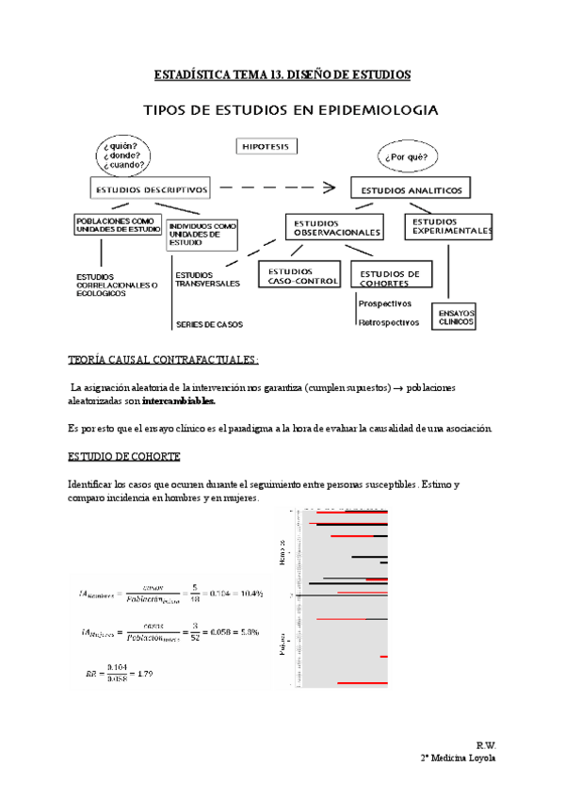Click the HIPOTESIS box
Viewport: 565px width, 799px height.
267,148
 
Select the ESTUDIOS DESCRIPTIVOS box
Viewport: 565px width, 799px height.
151,188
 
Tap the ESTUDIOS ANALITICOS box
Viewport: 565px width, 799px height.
410,189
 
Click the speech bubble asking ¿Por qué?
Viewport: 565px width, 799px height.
409,156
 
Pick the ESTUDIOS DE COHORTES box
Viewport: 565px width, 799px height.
391,275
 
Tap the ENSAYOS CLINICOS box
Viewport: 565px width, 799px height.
452,317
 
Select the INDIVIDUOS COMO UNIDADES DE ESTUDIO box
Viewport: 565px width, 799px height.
202,234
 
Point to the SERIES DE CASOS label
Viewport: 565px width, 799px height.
208,325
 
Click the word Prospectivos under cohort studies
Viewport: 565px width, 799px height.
384,303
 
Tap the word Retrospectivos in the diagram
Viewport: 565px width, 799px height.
388,322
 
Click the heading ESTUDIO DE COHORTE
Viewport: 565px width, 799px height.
118,455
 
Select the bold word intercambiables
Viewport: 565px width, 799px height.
179,399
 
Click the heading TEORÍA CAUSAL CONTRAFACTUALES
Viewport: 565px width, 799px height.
163,360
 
